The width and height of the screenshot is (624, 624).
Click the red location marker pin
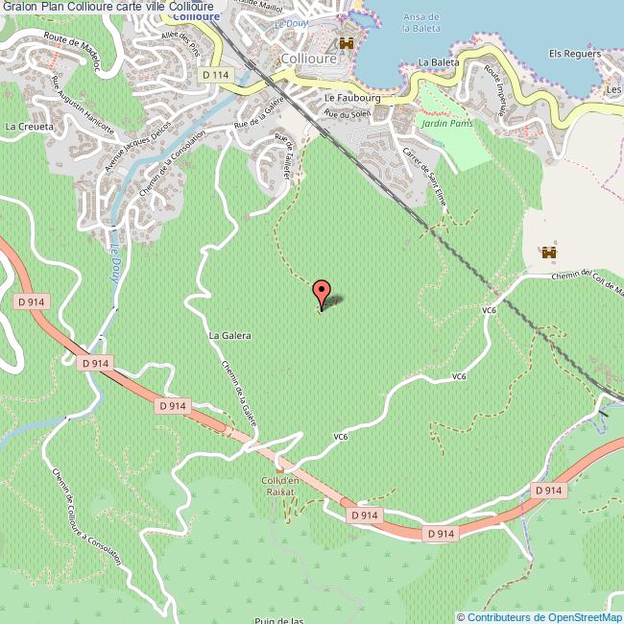point(322,292)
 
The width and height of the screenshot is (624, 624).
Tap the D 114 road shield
point(217,74)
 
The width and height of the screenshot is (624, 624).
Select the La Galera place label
point(229,336)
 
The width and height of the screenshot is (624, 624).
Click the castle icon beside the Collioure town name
point(346,44)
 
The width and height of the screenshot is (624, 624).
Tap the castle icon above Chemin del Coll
point(550,252)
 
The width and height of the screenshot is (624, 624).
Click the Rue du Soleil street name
point(347,114)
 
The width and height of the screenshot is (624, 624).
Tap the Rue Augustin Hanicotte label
point(83,106)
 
